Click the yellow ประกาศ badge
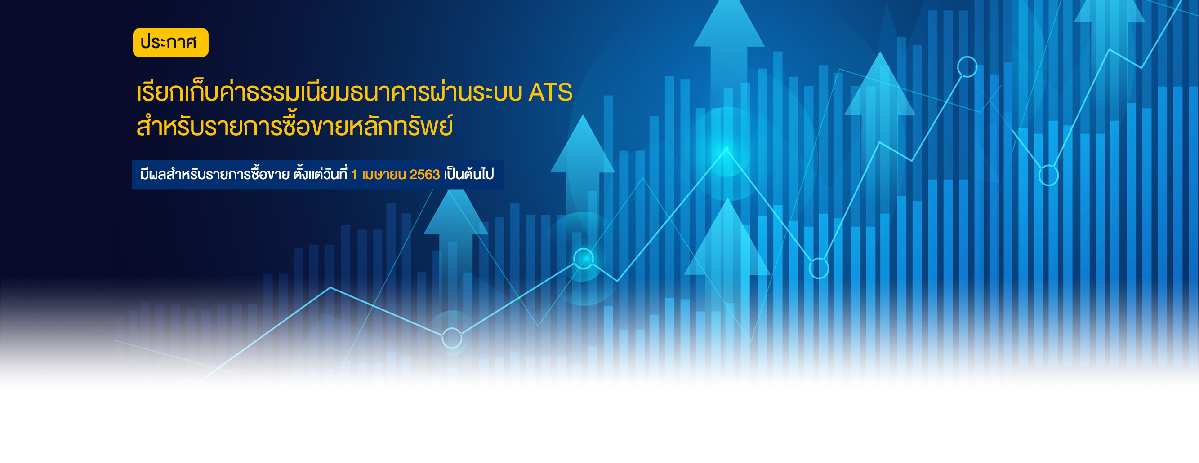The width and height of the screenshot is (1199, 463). pyautogui.click(x=170, y=42)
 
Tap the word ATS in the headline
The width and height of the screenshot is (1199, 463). pyautogui.click(x=550, y=92)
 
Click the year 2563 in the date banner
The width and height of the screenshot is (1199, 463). pyautogui.click(x=424, y=174)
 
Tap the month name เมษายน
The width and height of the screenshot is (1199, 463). pyautogui.click(x=384, y=174)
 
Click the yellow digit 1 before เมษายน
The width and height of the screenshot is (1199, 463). pyautogui.click(x=354, y=174)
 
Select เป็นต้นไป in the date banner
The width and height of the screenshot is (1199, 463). pyautogui.click(x=468, y=174)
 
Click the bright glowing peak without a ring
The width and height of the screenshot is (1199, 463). pyautogui.click(x=726, y=149)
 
